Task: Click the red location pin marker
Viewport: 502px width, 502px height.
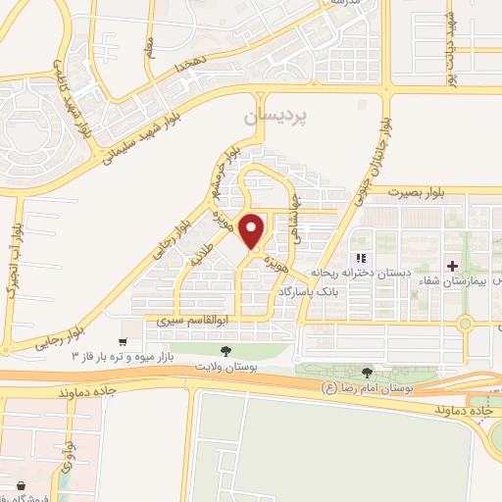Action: [x=253, y=230]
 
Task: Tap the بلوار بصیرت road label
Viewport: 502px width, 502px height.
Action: [x=416, y=194]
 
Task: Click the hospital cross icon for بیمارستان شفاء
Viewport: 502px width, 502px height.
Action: [x=451, y=266]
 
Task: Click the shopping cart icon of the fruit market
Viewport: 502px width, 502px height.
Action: [x=122, y=342]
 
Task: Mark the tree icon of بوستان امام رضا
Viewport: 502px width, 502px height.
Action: [x=367, y=372]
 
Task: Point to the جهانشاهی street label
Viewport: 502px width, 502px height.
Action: [x=294, y=213]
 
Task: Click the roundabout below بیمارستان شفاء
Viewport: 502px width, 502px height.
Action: [x=465, y=325]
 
